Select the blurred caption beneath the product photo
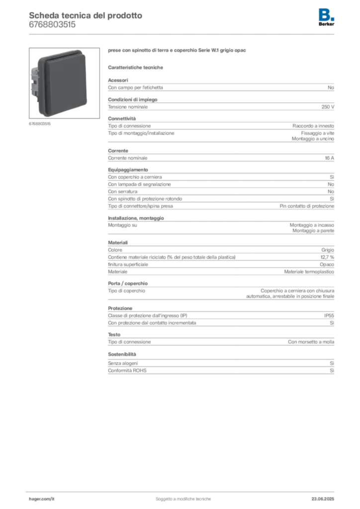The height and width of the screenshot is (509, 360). click(x=39, y=123)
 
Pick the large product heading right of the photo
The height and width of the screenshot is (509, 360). click(x=177, y=51)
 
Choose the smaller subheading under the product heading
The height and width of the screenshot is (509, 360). click(x=137, y=67)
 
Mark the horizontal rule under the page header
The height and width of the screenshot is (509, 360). click(x=183, y=34)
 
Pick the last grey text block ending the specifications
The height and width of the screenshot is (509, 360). click(x=220, y=370)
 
